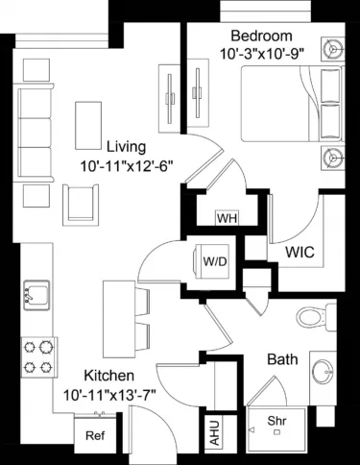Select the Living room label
click(125, 147)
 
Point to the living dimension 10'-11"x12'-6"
click(125, 165)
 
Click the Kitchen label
click(107, 375)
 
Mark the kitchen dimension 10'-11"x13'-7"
click(107, 393)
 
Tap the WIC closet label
click(300, 254)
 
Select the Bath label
click(282, 360)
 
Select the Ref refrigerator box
click(95, 435)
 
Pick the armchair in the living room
click(82, 200)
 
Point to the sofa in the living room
click(36, 121)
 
